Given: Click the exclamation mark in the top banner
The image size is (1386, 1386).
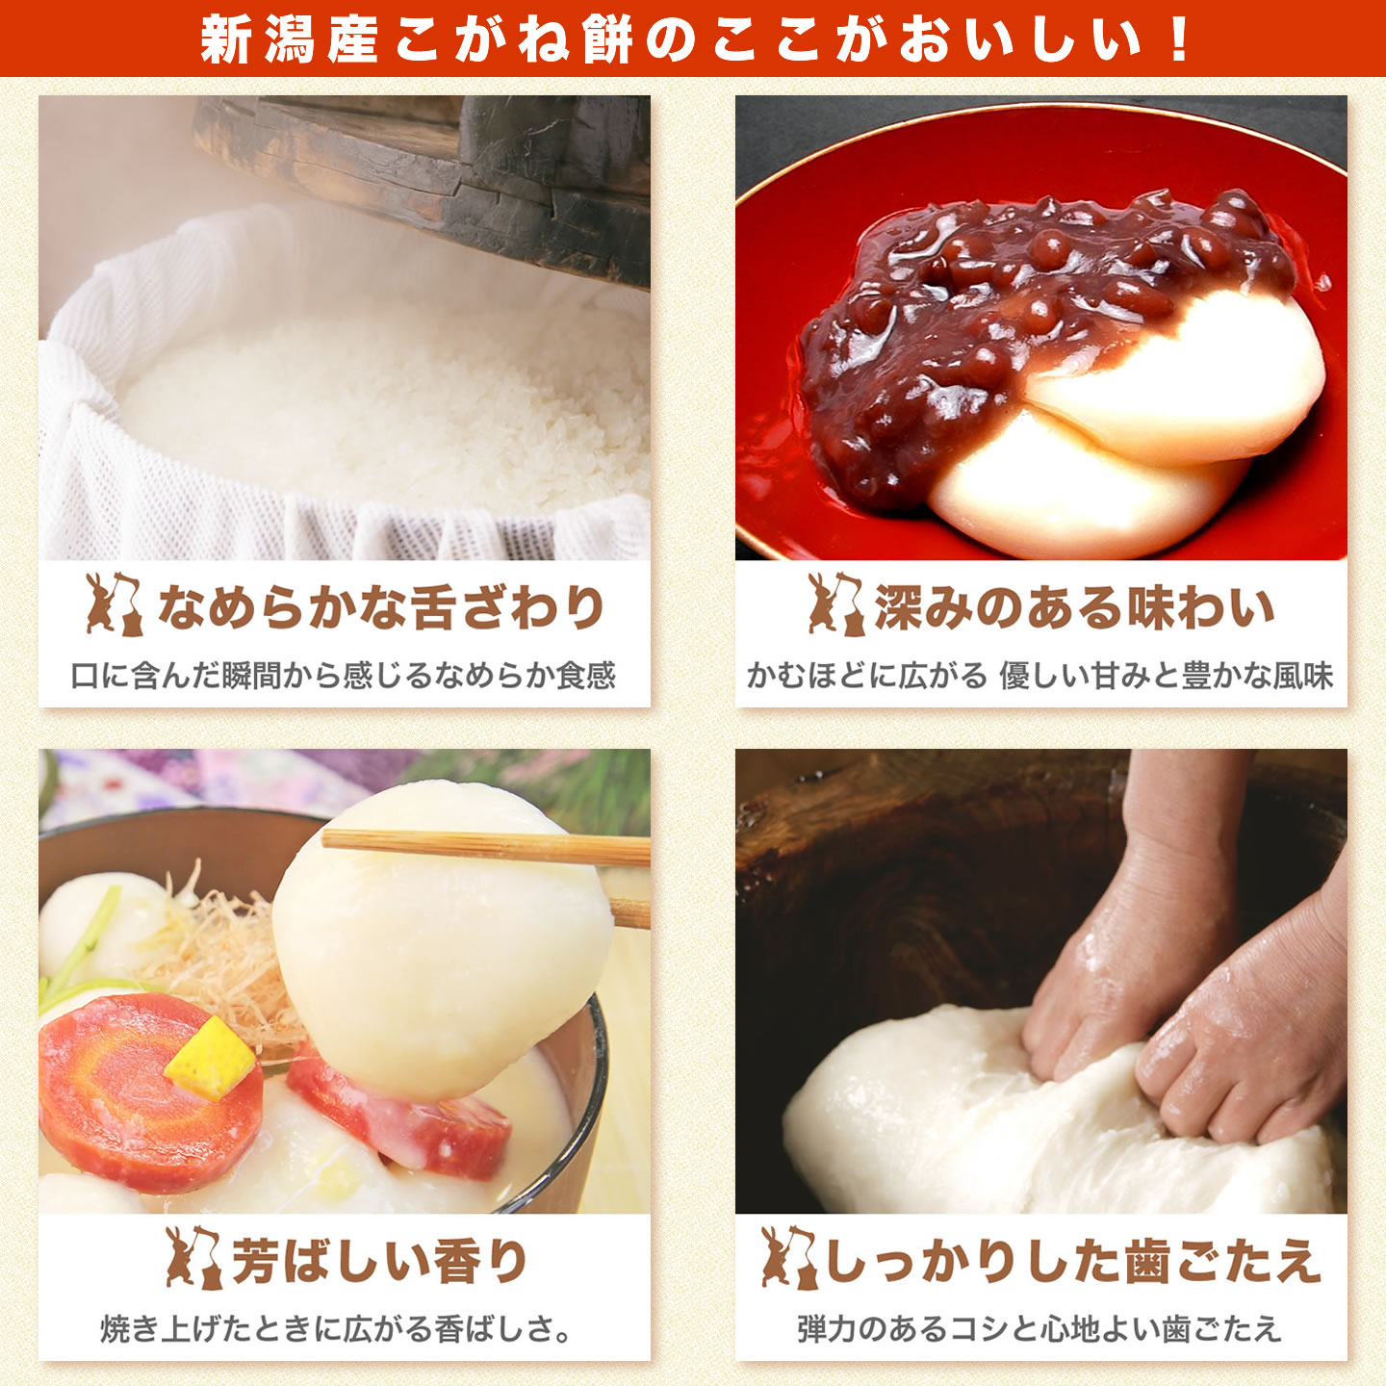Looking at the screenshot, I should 1178,39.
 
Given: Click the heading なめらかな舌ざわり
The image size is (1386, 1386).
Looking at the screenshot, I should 381,607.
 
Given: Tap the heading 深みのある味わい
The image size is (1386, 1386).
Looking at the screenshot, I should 1074,607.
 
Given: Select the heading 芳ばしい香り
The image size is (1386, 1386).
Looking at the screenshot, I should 380,1261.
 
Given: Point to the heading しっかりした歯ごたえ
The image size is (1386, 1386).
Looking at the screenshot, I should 1072,1261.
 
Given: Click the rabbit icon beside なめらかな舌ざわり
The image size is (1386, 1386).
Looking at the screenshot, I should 114,605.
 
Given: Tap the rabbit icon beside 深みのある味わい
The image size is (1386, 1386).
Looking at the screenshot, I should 834,605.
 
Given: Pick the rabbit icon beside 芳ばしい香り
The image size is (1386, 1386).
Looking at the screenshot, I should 192,1258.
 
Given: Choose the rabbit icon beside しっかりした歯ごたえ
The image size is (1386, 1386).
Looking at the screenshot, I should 787,1258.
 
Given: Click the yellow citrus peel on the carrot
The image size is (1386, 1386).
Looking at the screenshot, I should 210,1059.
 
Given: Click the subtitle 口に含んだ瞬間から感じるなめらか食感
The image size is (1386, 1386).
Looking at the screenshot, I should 344,676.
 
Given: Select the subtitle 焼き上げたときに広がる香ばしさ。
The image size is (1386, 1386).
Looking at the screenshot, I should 337,1329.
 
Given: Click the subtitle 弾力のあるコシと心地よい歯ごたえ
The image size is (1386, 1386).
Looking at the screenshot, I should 1039,1329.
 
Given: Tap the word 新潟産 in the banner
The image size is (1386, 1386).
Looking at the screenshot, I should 289,39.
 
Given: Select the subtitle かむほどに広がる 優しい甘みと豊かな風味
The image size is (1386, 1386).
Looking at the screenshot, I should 1040,676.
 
